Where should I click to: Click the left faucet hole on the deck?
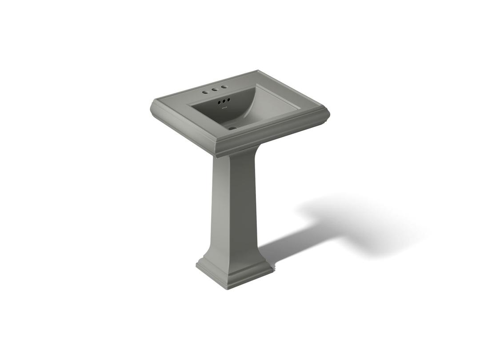click(205, 92)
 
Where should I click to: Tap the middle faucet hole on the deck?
click(214, 90)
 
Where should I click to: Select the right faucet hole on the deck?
click(224, 87)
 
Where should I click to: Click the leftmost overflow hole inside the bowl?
click(219, 103)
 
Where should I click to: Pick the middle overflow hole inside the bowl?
click(224, 102)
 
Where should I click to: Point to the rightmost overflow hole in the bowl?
click(228, 100)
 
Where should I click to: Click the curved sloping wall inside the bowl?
click(249, 107)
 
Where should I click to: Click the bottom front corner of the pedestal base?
click(230, 288)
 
